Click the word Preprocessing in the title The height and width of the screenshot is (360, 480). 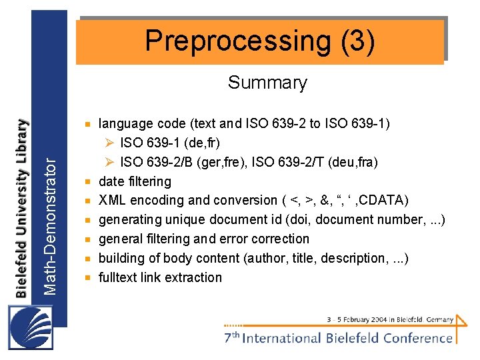pyautogui.click(x=236, y=41)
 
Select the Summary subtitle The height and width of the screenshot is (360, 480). pyautogui.click(x=267, y=83)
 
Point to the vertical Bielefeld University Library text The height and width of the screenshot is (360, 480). pyautogui.click(x=23, y=207)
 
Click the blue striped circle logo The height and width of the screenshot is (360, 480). pyautogui.click(x=31, y=326)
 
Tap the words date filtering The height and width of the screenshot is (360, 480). pyautogui.click(x=135, y=181)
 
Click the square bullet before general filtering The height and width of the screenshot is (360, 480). pyautogui.click(x=87, y=239)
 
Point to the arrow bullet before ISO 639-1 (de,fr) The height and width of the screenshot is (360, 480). pyautogui.click(x=109, y=143)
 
